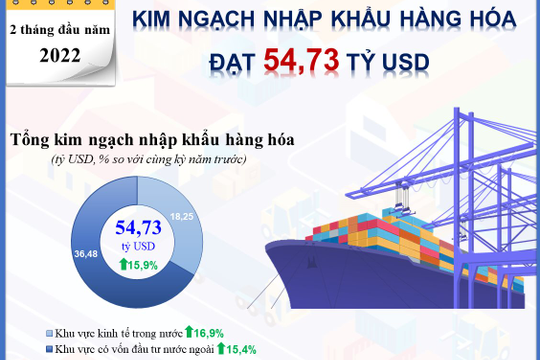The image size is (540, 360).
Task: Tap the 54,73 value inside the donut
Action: point(137,227)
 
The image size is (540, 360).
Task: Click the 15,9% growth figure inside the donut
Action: point(143,265)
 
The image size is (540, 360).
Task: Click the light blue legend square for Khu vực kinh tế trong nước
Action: point(50,332)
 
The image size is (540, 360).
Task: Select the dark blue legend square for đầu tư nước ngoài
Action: point(50,349)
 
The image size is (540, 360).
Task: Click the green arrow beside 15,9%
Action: point(123,265)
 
